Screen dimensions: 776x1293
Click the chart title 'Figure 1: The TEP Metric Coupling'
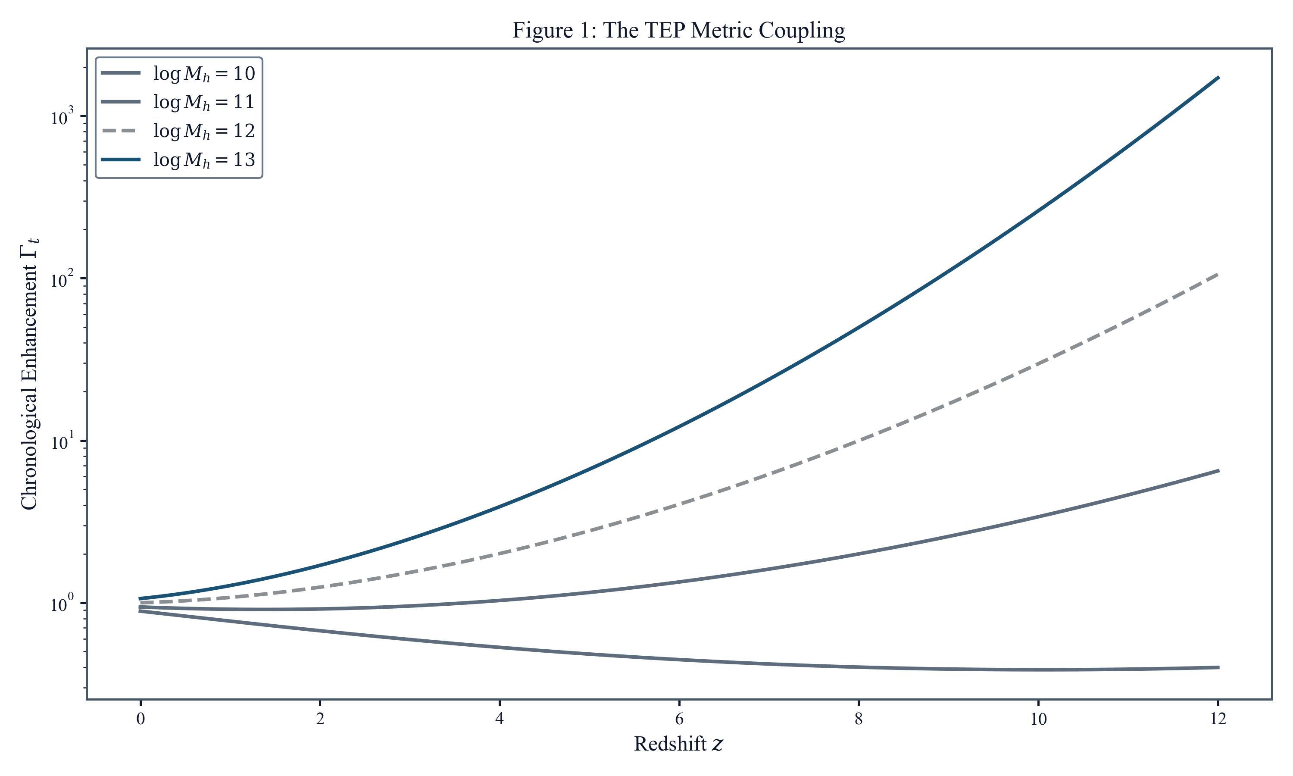pos(678,30)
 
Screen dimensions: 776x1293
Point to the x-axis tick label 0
pos(141,720)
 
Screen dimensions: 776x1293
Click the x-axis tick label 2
pos(320,720)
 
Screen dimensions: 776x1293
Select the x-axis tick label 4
pos(500,720)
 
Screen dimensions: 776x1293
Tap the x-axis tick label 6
pos(679,720)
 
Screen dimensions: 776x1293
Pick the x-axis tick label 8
pos(859,720)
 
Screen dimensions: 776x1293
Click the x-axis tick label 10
pos(1038,720)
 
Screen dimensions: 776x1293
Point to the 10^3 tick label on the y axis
pos(62,117)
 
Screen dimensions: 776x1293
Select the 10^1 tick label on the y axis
pos(62,442)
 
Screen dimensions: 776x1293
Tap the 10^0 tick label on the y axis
pos(62,604)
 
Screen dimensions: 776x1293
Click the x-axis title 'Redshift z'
pos(678,744)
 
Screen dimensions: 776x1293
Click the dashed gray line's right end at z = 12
pos(1218,275)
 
